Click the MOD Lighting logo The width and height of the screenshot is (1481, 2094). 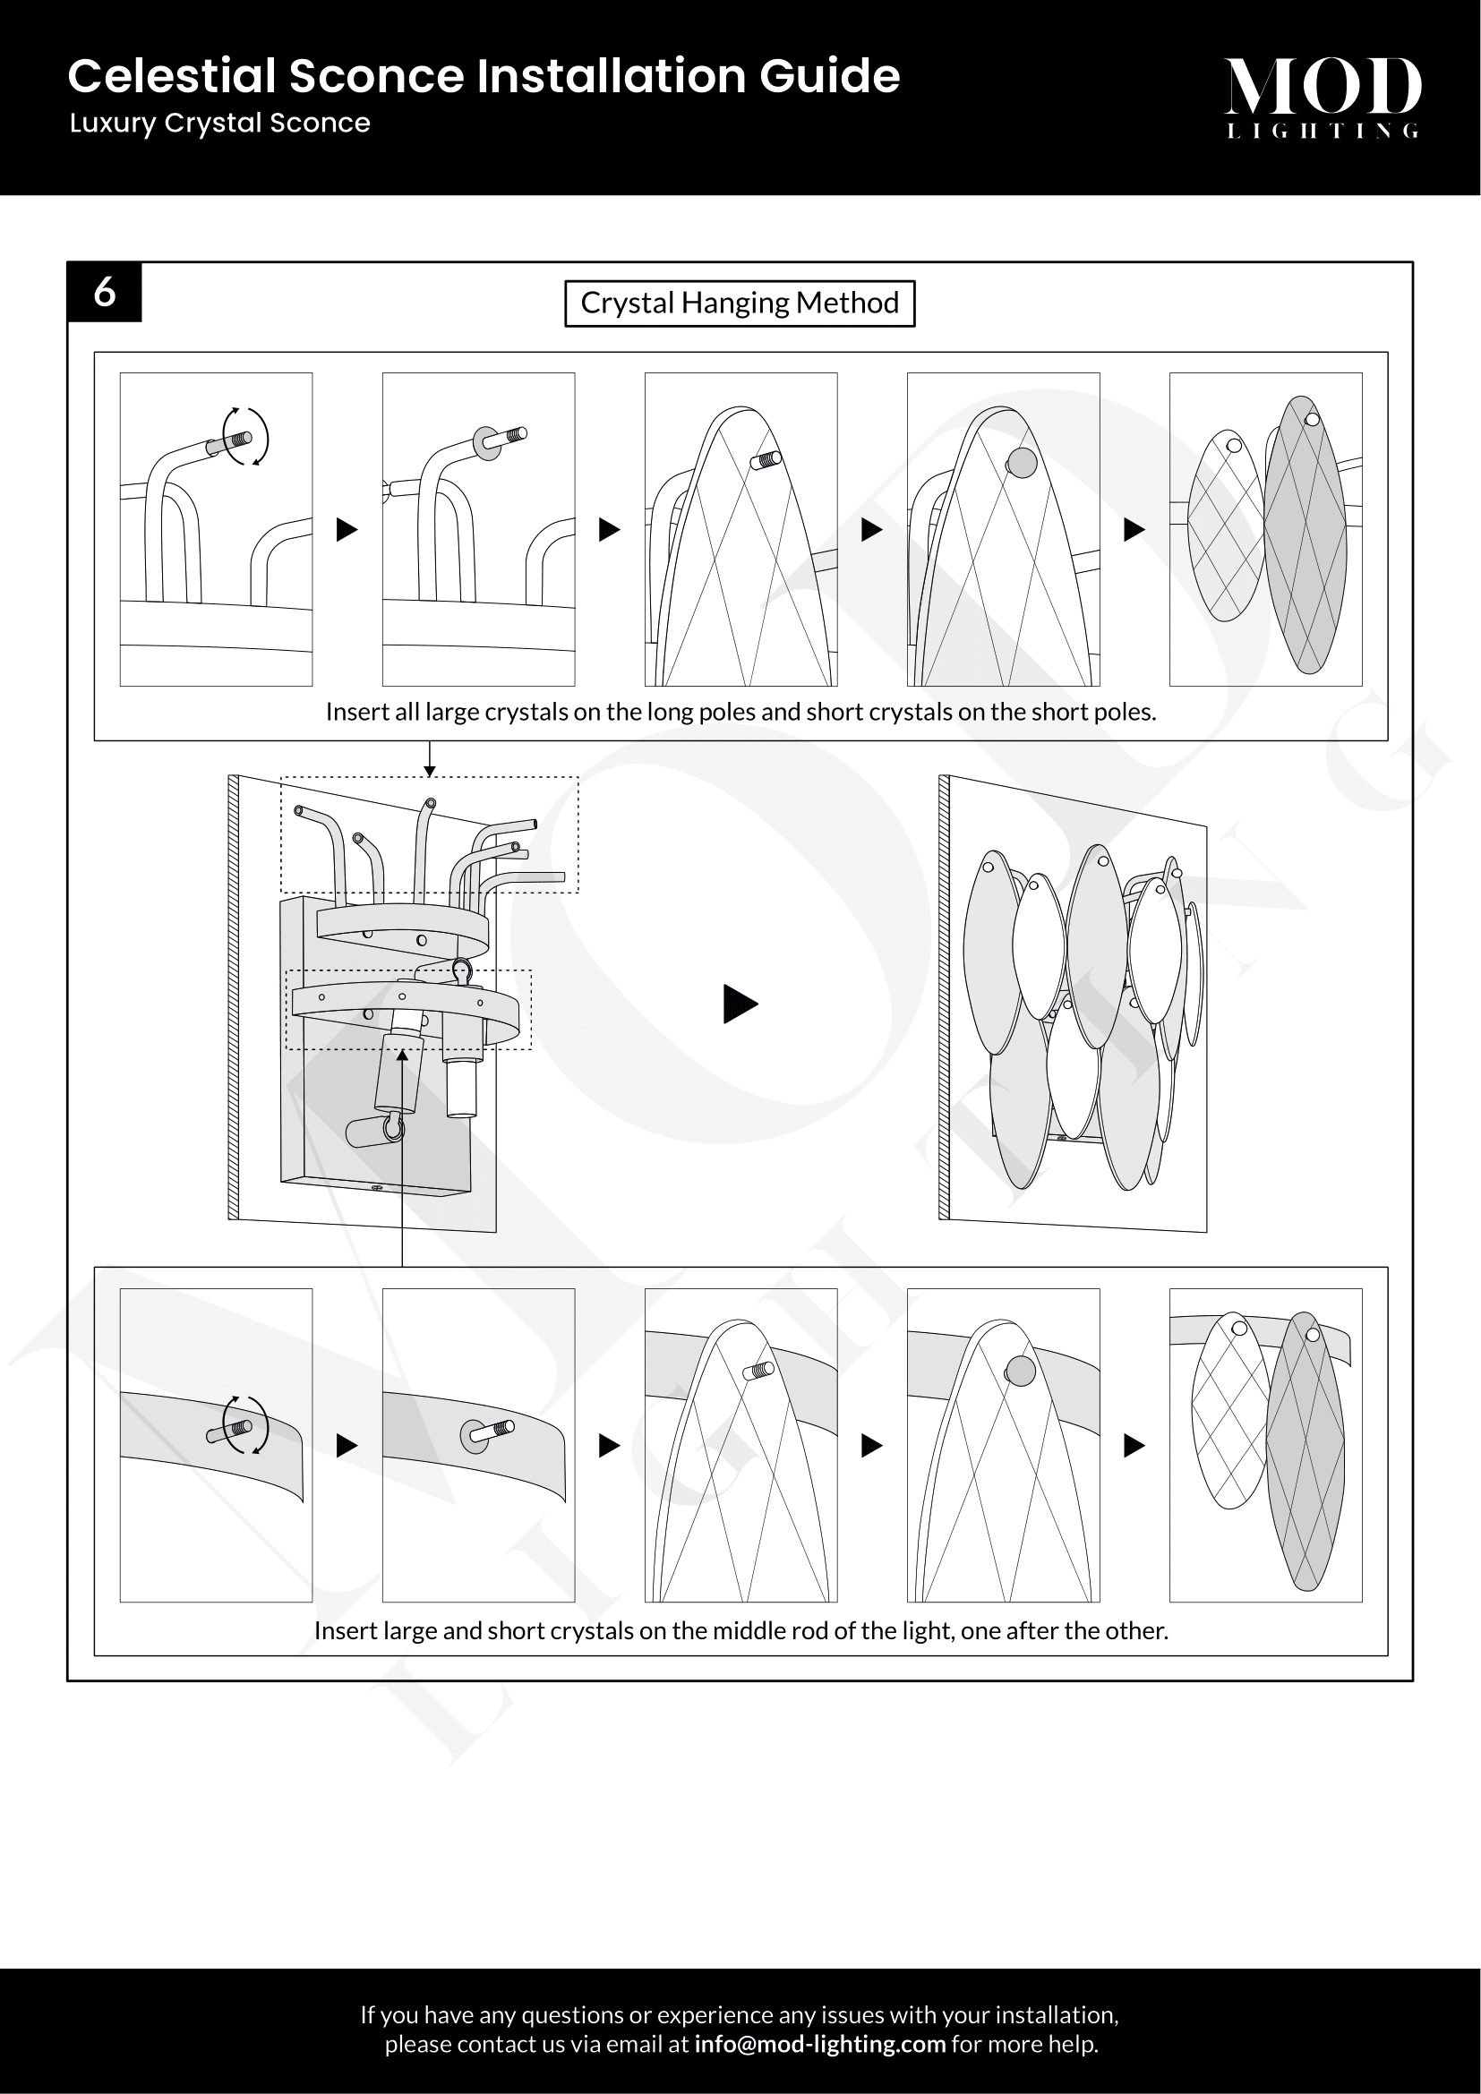(x=1322, y=97)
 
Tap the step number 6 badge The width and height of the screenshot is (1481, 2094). (x=105, y=292)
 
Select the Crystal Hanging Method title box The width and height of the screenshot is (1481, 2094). (x=740, y=303)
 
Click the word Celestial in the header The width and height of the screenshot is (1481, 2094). (x=171, y=76)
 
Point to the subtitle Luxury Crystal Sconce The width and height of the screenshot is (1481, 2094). (x=219, y=124)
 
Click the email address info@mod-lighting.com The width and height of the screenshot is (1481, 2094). (x=819, y=2044)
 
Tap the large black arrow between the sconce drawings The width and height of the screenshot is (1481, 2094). (x=740, y=1004)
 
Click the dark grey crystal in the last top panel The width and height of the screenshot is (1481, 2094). (x=1306, y=536)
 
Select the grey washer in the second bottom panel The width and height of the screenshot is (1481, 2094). (x=475, y=1436)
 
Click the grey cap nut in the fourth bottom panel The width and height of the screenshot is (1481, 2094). (x=1021, y=1372)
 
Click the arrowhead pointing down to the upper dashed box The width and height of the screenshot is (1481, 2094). (x=430, y=772)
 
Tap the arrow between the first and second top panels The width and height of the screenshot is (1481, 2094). (x=347, y=529)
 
